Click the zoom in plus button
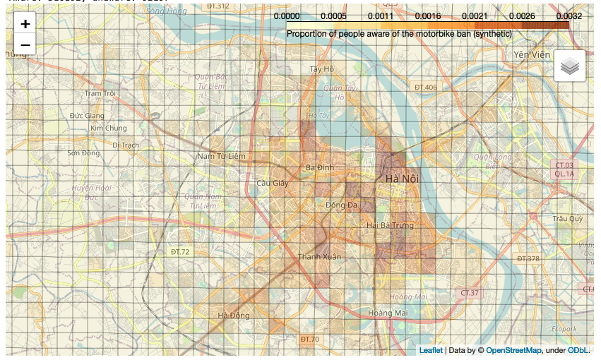(25, 23)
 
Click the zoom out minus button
(25, 44)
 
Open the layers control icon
(569, 66)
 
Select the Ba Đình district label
(320, 167)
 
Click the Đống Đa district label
(341, 205)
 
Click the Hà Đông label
(234, 316)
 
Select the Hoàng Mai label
(388, 313)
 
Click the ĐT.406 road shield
(426, 88)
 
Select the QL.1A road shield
(564, 173)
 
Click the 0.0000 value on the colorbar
(287, 16)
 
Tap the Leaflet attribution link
(431, 350)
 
